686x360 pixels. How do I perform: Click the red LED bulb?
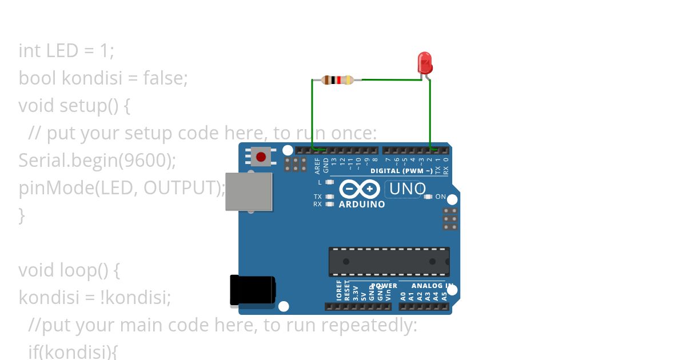[424, 62]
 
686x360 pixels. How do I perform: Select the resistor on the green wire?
[338, 80]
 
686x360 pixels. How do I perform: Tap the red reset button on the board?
[261, 156]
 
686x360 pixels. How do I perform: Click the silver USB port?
[249, 191]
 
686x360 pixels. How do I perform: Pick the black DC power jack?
[252, 291]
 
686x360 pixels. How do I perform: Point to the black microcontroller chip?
[389, 262]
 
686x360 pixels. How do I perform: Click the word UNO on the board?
[407, 189]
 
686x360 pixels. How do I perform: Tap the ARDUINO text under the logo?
[362, 204]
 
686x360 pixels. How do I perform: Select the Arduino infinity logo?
[359, 189]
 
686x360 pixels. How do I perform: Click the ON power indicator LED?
[428, 197]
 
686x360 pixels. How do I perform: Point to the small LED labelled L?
[329, 182]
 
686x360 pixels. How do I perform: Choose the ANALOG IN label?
[432, 286]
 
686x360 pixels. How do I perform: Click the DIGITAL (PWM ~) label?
[401, 171]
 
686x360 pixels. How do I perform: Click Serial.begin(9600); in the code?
[97, 160]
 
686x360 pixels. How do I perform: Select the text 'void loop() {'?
[69, 270]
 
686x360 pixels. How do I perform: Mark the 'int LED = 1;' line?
[66, 51]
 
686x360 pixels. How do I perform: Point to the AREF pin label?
[318, 165]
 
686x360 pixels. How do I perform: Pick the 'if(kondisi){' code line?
[73, 351]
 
